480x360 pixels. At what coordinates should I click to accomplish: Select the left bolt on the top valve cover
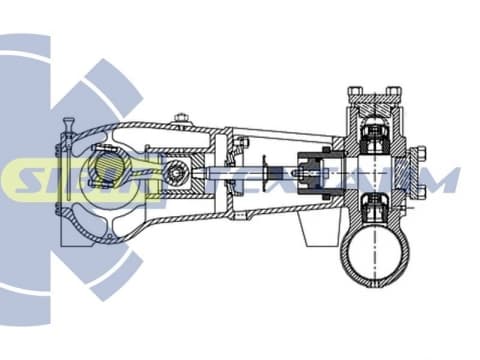[x=355, y=92]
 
